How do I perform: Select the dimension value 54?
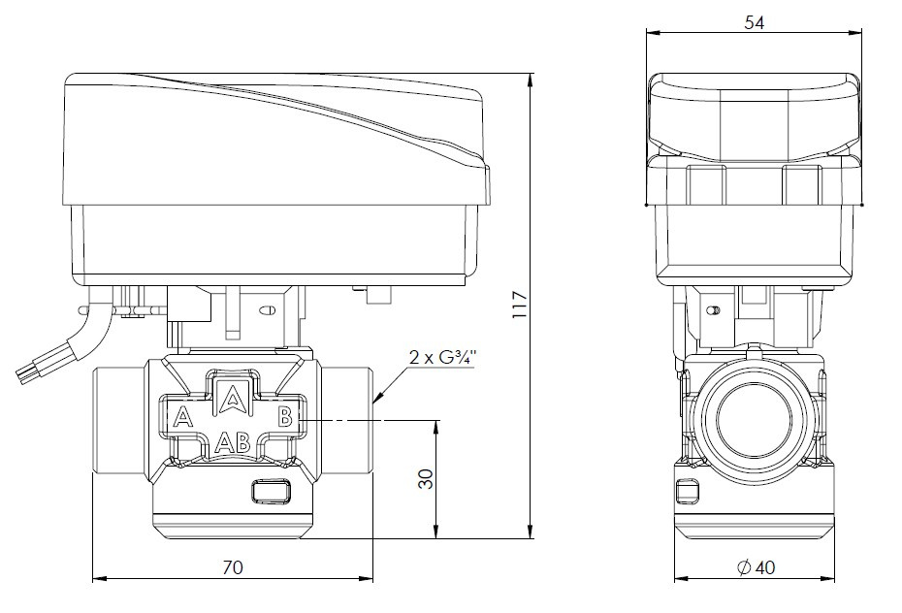[x=755, y=22]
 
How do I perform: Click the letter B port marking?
[x=285, y=418]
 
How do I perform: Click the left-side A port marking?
[x=179, y=419]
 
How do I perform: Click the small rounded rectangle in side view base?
[x=690, y=492]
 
